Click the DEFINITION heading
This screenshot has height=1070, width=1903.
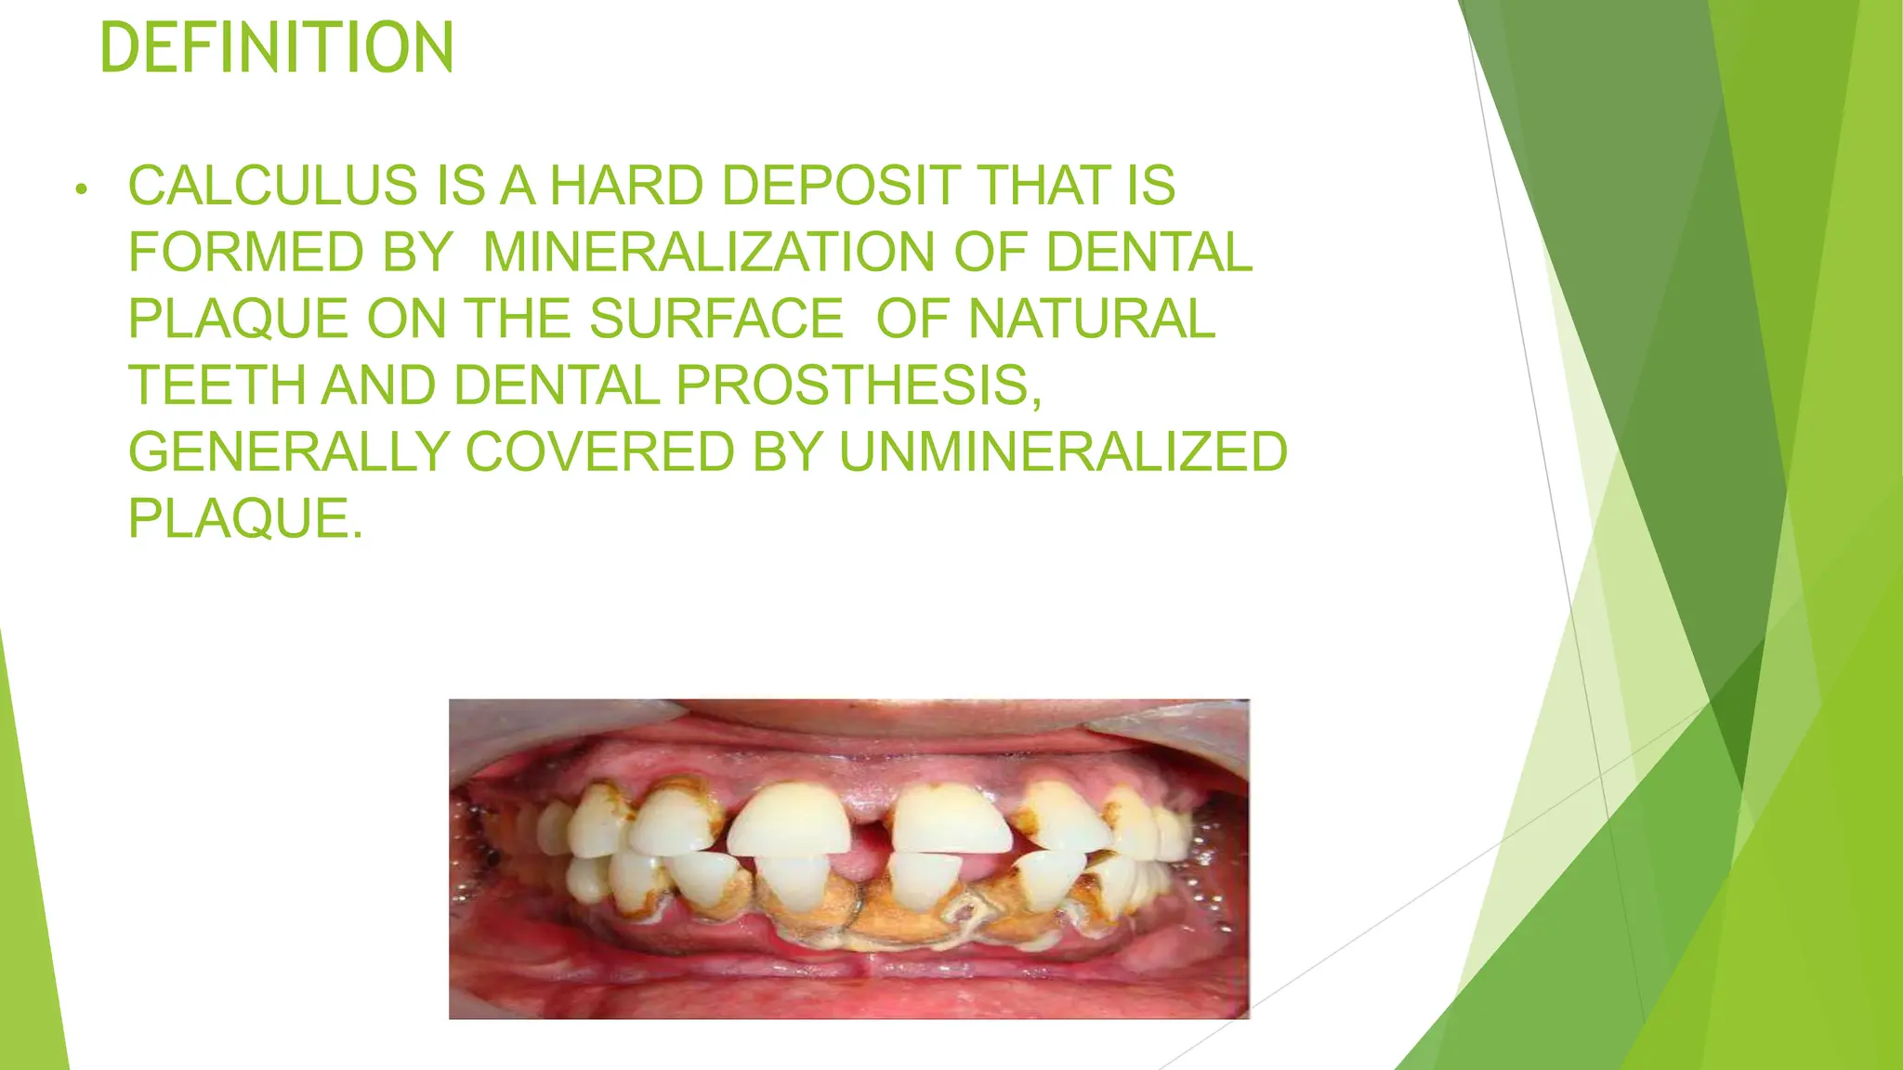(276, 48)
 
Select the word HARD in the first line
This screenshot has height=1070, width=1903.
(626, 186)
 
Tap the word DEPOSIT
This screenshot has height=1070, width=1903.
(840, 186)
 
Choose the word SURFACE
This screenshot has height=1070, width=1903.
(715, 319)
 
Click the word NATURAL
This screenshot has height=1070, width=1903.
(1091, 319)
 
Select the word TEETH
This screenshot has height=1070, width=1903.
(216, 385)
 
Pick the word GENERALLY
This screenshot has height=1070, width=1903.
(288, 452)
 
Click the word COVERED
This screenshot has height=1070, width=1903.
(599, 452)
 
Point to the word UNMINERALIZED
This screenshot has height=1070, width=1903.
(1063, 452)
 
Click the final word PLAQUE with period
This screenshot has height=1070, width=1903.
(244, 518)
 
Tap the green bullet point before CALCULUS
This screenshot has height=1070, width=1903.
(82, 190)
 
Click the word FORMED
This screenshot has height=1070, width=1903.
(245, 253)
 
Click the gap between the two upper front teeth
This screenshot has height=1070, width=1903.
(870, 817)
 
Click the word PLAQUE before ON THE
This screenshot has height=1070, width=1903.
(238, 319)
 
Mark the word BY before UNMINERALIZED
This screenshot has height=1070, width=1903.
(787, 452)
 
